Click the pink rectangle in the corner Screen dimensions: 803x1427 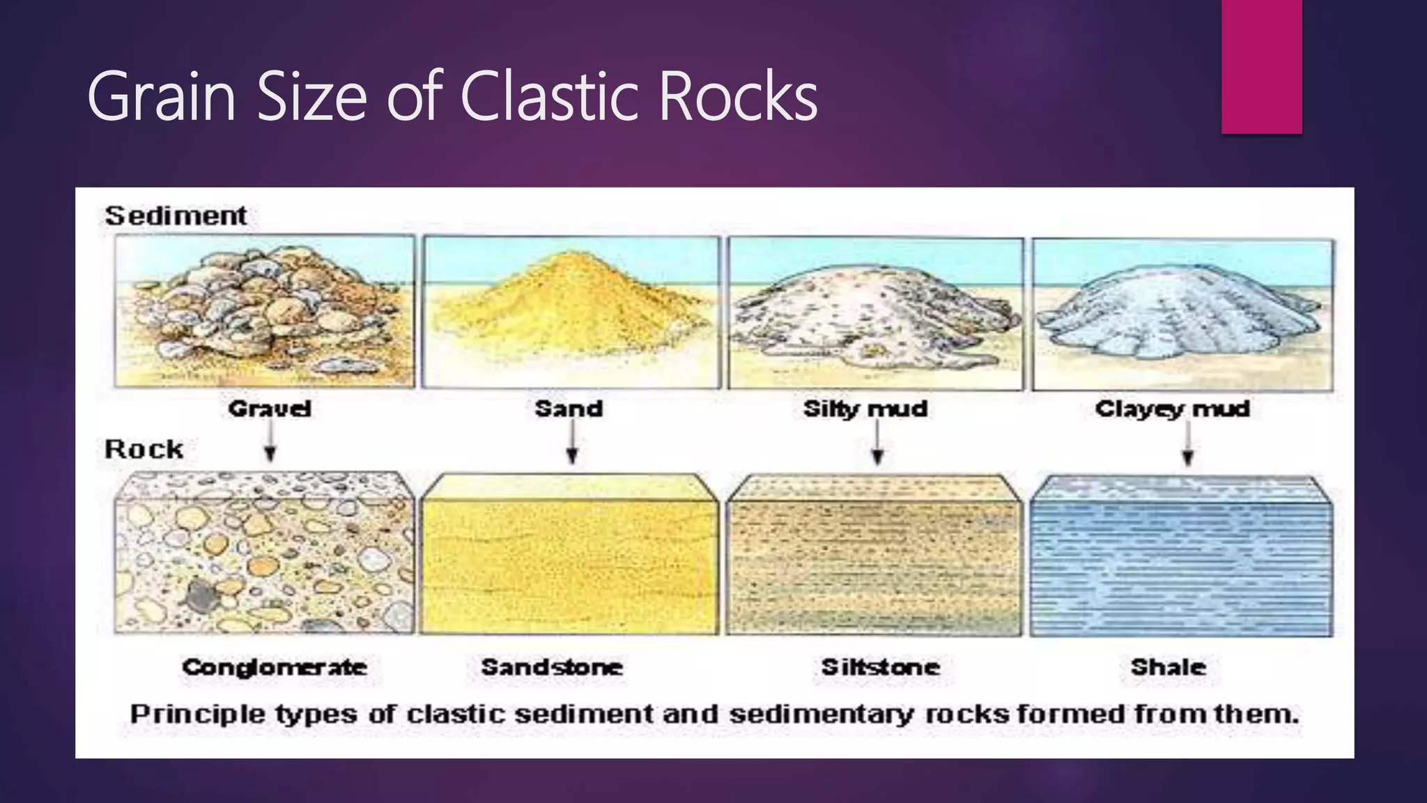[1261, 66]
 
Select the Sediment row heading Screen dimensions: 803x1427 [176, 215]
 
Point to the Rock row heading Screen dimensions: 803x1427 [144, 449]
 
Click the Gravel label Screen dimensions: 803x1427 [270, 408]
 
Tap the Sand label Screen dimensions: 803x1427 [569, 408]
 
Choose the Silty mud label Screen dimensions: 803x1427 [865, 408]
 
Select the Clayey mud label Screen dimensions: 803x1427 [1172, 408]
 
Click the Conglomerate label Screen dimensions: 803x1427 [275, 667]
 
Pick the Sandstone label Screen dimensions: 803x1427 [552, 667]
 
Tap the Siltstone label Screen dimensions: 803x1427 [881, 667]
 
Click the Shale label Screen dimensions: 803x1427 [1168, 667]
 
